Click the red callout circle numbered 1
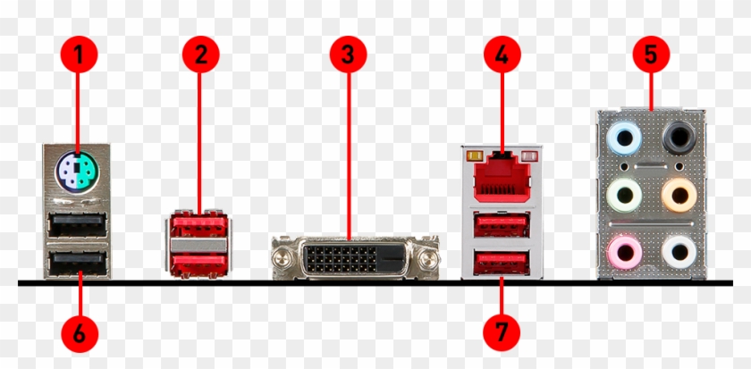pyautogui.click(x=78, y=55)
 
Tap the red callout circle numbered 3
pyautogui.click(x=348, y=55)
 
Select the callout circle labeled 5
pyautogui.click(x=651, y=55)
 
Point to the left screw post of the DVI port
pyautogui.click(x=283, y=258)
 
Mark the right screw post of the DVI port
pyautogui.click(x=427, y=258)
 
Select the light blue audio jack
pyautogui.click(x=623, y=138)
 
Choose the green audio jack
pyautogui.click(x=623, y=193)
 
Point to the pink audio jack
pyautogui.click(x=623, y=249)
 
